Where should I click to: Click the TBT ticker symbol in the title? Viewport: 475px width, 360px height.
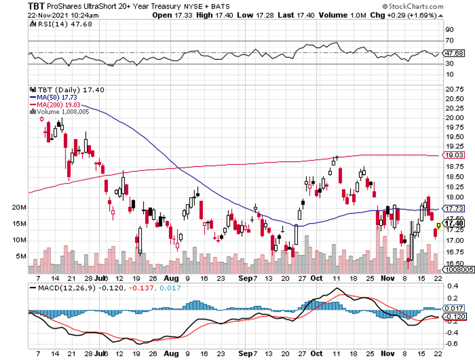click(36, 7)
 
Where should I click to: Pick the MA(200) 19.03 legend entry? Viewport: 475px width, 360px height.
click(56, 104)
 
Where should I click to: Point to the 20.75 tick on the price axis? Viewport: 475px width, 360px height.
click(453, 89)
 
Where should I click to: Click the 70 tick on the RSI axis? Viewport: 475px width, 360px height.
click(450, 41)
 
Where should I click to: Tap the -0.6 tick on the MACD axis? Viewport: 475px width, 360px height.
click(450, 344)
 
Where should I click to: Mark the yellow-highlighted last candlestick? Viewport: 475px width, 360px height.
click(438, 227)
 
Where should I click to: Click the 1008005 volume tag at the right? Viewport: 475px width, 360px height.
click(459, 270)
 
